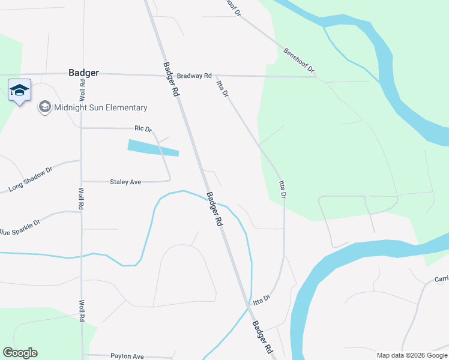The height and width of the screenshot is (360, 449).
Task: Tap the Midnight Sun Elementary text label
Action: (100, 108)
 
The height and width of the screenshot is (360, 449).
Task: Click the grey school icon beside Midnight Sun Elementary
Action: (44, 107)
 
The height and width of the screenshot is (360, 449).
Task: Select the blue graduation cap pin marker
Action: (19, 91)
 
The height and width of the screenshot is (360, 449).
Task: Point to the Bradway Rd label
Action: (194, 76)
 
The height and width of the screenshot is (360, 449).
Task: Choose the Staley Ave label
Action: (125, 182)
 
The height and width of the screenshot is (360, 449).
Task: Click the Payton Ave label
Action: (127, 356)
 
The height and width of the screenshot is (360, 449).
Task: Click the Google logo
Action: (20, 353)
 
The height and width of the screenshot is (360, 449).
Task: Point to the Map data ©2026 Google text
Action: (412, 355)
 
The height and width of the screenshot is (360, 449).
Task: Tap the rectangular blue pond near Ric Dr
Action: (153, 148)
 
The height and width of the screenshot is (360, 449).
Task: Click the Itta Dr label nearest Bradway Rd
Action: (222, 88)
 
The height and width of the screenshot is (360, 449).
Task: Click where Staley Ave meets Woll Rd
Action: (82, 181)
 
